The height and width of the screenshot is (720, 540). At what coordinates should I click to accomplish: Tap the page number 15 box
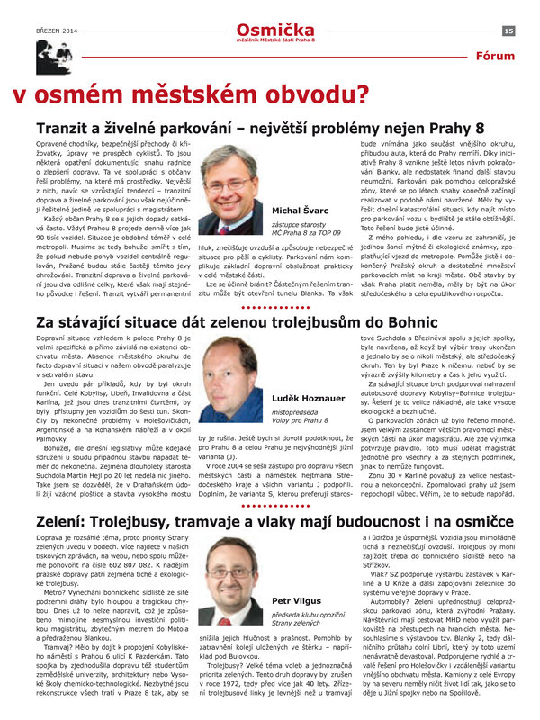508,31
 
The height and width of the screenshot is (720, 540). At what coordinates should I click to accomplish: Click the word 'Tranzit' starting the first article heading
67,128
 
